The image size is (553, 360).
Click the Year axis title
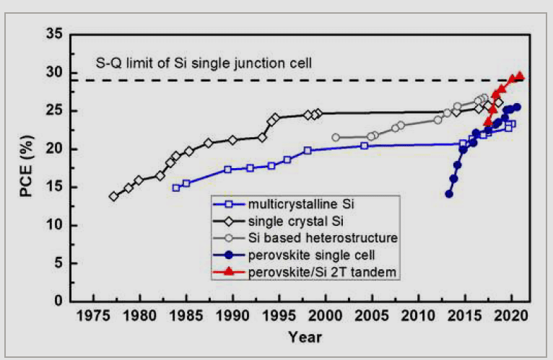[305, 337]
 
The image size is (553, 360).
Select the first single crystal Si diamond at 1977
[113, 196]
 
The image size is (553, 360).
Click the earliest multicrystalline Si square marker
[176, 188]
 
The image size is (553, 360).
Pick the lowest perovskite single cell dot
[449, 193]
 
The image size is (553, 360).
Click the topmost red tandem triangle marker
[520, 76]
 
